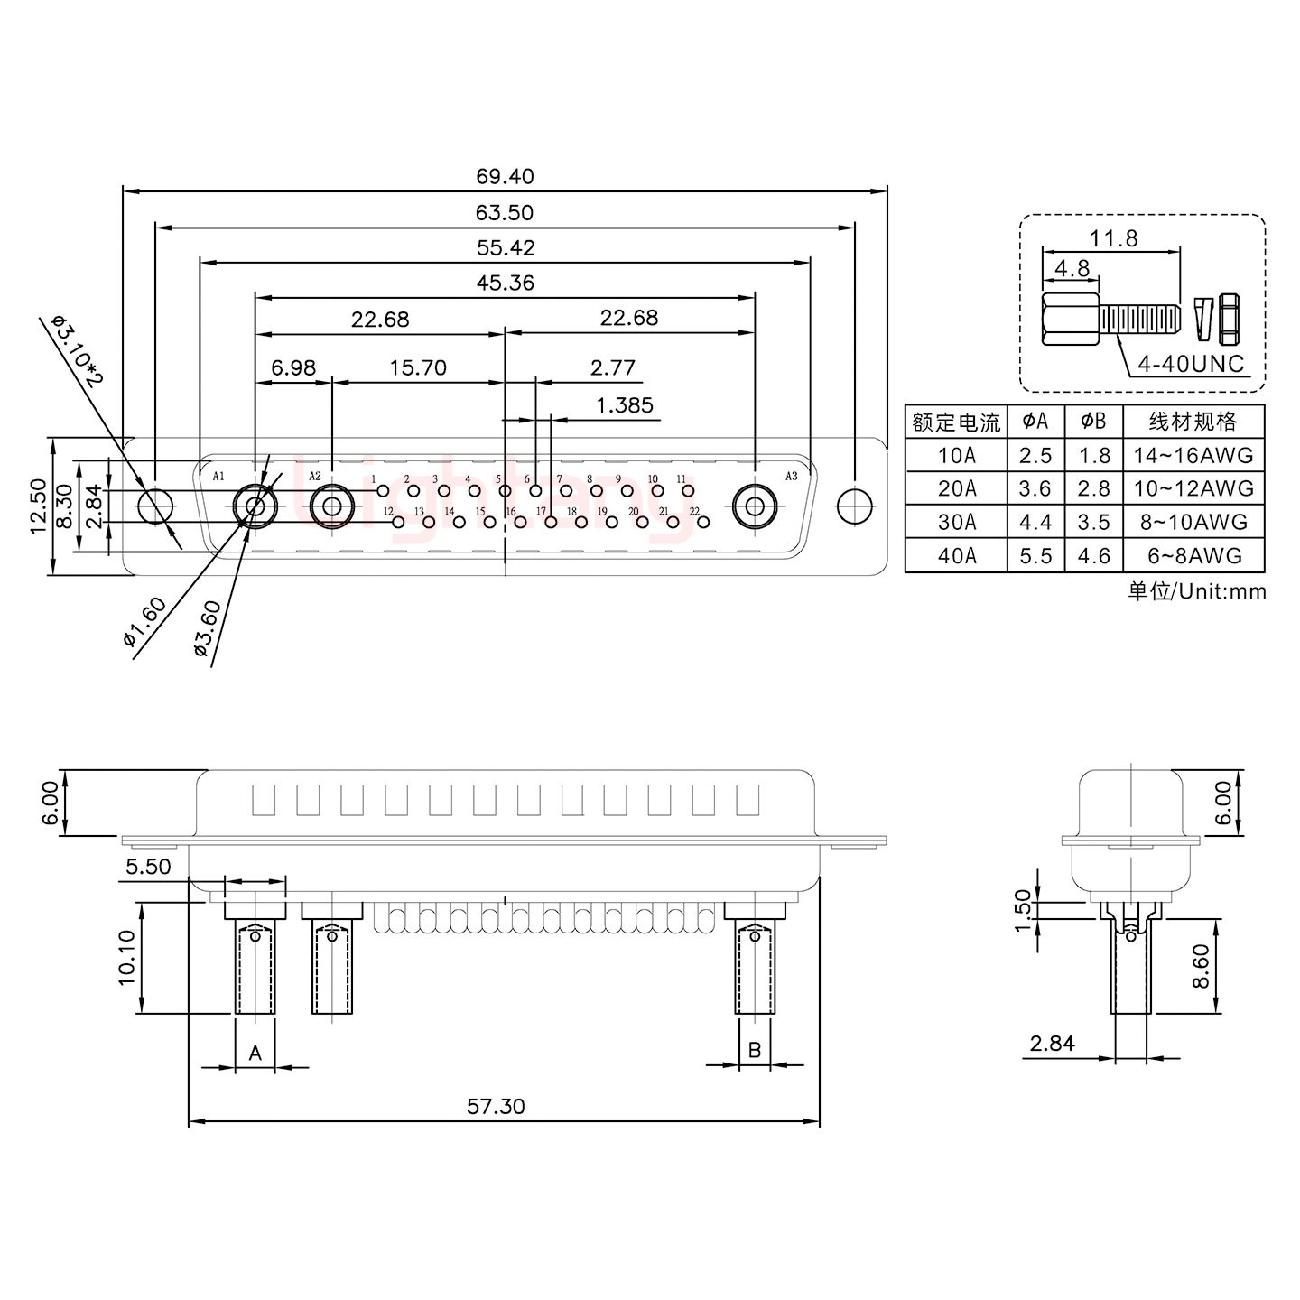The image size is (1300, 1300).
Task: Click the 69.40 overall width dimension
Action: [x=505, y=176]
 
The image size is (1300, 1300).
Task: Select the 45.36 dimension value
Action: [x=505, y=283]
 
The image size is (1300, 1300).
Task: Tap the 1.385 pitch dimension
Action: [x=624, y=405]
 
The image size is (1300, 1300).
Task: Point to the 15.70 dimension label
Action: [x=417, y=367]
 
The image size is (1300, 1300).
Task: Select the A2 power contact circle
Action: [x=331, y=506]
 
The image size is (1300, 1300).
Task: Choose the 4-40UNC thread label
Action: [x=1191, y=364]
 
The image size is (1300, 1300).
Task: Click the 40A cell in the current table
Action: [x=956, y=556]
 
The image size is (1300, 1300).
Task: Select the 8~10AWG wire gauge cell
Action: [x=1193, y=522]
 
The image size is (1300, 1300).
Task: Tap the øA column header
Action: [x=1035, y=422]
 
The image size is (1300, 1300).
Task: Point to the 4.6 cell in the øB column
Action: [x=1093, y=556]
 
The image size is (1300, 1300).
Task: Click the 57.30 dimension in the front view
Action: [x=496, y=1105]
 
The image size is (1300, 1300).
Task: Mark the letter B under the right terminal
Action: [x=755, y=1050]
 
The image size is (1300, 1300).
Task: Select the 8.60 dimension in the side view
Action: [x=1200, y=967]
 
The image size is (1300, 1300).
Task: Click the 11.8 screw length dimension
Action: [x=1114, y=238]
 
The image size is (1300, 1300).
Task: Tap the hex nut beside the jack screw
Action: [x=1228, y=319]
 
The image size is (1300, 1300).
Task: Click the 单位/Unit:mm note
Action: [x=1196, y=591]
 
